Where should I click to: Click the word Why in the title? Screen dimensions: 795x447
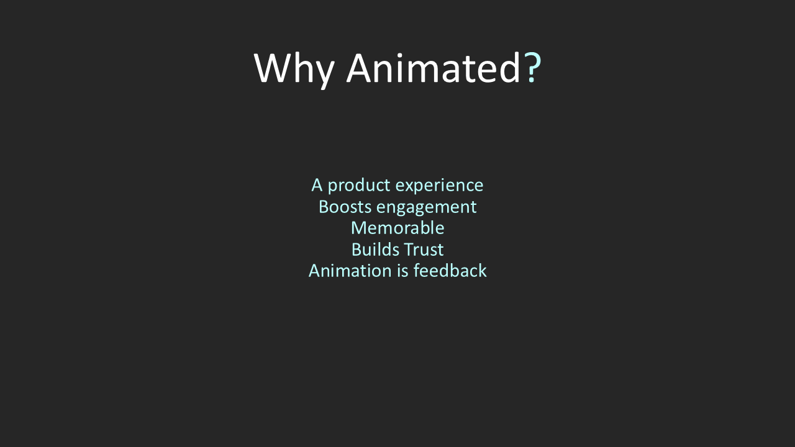click(294, 69)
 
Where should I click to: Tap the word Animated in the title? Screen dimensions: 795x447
click(434, 68)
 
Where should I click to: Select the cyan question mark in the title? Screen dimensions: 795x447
click(532, 68)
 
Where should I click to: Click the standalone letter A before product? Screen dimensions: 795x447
click(317, 185)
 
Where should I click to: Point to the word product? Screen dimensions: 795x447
click(359, 186)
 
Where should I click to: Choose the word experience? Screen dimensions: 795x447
click(439, 186)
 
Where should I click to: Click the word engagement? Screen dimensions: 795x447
click(426, 207)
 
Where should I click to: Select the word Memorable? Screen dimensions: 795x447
click(397, 228)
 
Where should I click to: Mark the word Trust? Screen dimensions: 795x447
click(424, 250)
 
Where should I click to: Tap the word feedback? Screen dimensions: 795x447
click(450, 270)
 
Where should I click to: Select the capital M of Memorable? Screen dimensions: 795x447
click(359, 228)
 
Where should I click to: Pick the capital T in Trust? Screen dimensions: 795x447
click(409, 250)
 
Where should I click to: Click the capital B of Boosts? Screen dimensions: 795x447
click(324, 207)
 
